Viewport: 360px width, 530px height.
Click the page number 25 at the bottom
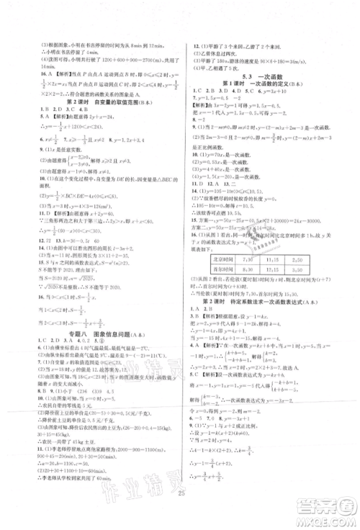180,512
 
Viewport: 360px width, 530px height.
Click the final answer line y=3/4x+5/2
216,495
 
